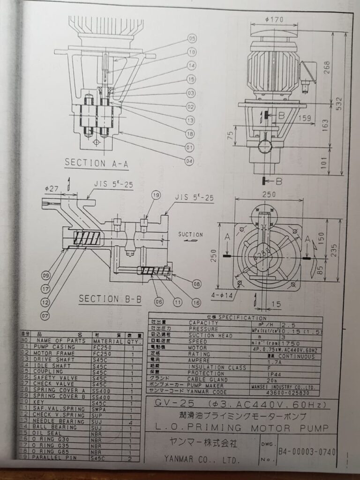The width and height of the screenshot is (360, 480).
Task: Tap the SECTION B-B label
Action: pos(105,299)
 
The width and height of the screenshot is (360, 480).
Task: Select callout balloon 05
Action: pos(192,38)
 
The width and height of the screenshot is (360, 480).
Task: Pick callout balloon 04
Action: pos(189,161)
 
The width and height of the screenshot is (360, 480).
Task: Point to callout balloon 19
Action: pos(156,195)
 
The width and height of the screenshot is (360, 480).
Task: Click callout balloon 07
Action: pos(45,315)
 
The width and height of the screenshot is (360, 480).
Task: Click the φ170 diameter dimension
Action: pos(274,20)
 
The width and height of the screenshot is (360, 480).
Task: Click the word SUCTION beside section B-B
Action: pos(190,234)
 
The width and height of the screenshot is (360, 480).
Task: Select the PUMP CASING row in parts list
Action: pos(56,347)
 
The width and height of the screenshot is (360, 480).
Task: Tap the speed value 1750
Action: pos(290,342)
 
